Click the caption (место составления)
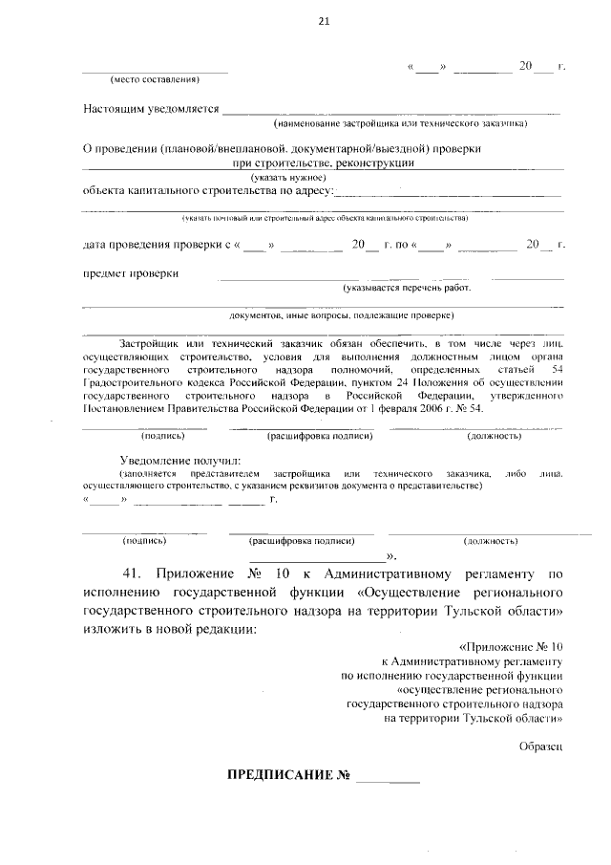click(155, 78)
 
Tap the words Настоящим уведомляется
click(151, 110)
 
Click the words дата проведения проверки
click(154, 245)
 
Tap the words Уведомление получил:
click(171, 460)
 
